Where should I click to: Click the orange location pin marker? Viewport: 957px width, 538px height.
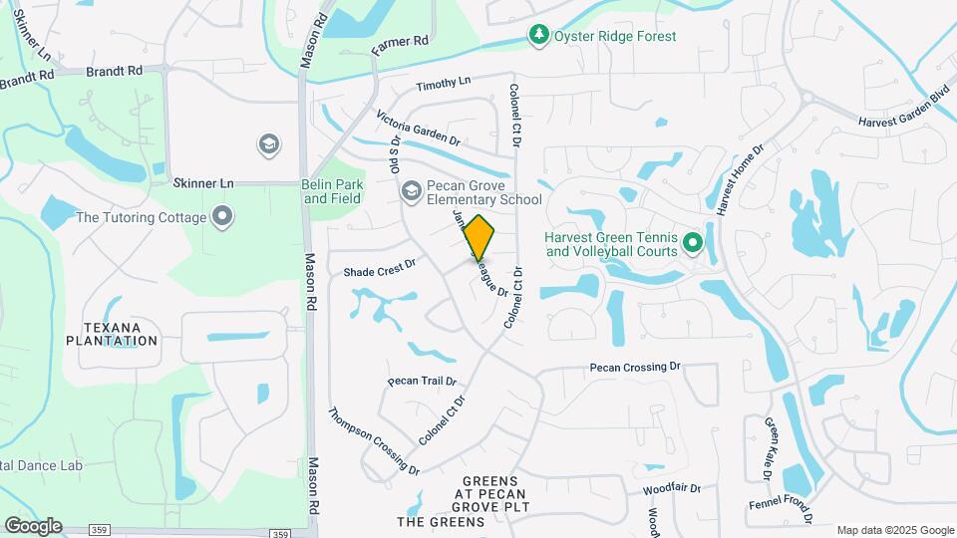(x=479, y=238)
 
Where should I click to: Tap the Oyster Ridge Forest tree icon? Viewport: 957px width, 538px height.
(x=539, y=36)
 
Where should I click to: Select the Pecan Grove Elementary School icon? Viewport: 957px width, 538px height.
(x=410, y=191)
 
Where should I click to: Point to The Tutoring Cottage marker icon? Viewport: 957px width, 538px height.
(x=221, y=216)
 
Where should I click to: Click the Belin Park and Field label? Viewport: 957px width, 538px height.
(x=333, y=191)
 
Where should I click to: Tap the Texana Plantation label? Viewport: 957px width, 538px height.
(x=112, y=334)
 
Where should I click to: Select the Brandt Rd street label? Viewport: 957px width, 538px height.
(x=115, y=72)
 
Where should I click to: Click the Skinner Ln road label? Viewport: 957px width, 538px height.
(x=202, y=183)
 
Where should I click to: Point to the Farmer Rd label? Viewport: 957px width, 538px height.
(x=399, y=45)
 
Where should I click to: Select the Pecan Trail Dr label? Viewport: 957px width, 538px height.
(x=422, y=381)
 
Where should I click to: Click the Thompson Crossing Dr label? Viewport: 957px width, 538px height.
(x=374, y=440)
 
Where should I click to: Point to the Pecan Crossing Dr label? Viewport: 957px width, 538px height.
(x=635, y=367)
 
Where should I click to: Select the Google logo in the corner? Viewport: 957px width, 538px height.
(x=33, y=526)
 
